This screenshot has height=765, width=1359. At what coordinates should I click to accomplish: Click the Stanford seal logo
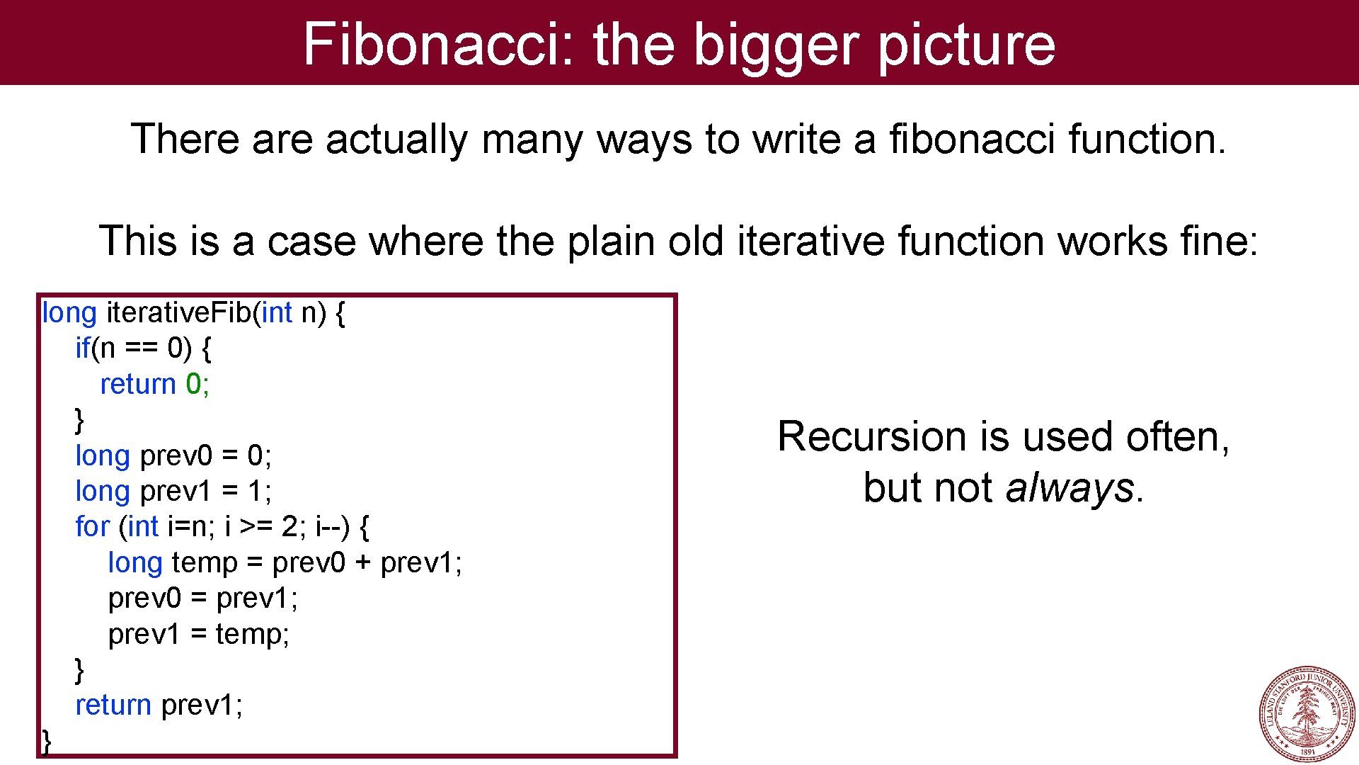1307,713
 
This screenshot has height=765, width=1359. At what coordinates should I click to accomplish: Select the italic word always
1070,488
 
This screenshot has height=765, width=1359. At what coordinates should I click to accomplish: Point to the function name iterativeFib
178,312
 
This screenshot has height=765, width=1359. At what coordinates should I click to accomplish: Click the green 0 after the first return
193,384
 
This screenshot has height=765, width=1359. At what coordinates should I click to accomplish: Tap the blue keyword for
93,526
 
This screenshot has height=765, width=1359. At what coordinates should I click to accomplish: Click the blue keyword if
83,348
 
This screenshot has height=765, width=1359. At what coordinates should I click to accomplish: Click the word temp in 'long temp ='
205,562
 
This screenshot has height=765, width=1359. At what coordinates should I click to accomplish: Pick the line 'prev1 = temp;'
199,634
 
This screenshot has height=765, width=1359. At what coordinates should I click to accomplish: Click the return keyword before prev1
113,705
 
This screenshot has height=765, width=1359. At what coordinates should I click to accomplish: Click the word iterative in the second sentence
810,241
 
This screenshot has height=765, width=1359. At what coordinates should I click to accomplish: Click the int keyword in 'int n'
277,312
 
